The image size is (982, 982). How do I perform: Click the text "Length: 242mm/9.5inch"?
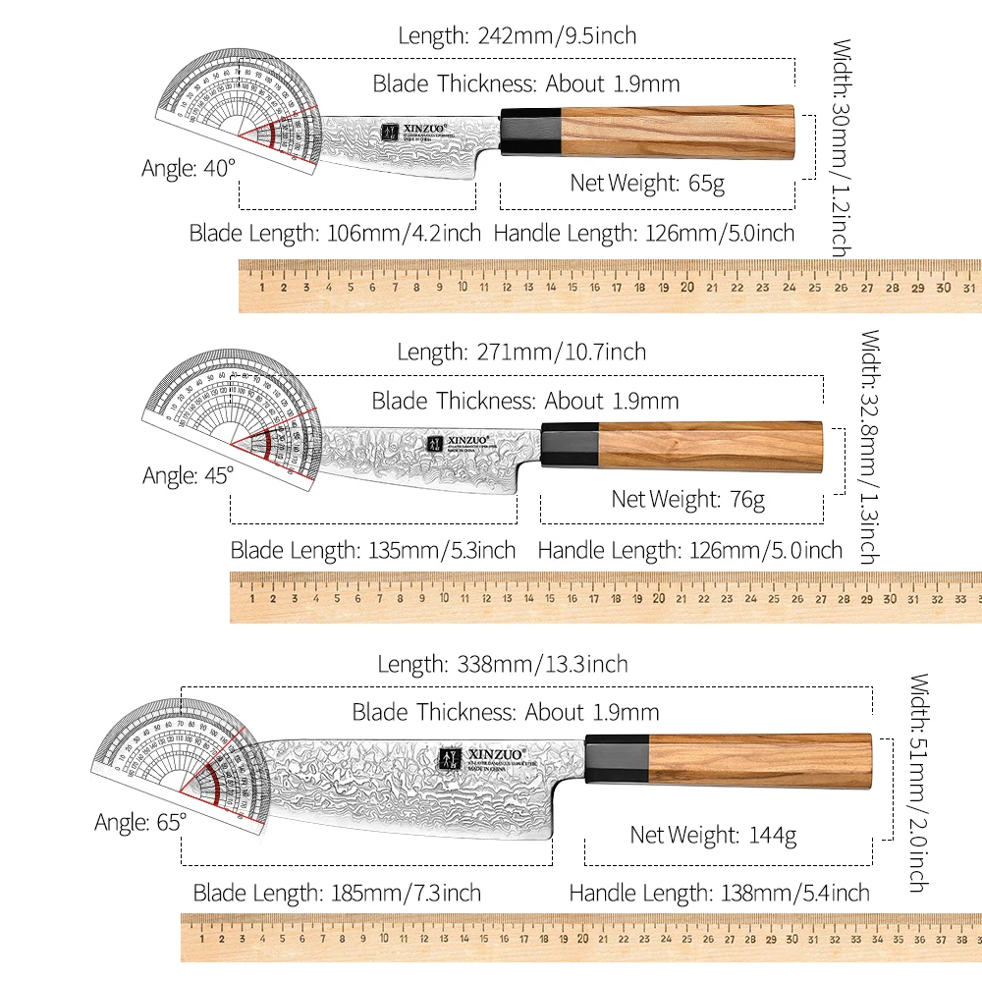pos(517,36)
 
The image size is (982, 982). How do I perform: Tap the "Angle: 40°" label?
pos(189,168)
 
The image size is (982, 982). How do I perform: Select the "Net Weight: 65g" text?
pos(647,183)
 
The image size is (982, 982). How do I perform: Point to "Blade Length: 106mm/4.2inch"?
pos(335,234)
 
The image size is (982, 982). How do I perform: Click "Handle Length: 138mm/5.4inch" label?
pos(719,893)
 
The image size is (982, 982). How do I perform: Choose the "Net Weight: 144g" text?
pos(712,836)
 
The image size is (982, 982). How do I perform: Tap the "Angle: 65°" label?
pos(139,822)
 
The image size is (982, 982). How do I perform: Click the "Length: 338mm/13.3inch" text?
pos(502,665)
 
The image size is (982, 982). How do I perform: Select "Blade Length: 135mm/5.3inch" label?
pos(372,551)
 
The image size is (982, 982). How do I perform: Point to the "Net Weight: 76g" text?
pos(687,499)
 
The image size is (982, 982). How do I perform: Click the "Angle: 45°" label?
pos(189,475)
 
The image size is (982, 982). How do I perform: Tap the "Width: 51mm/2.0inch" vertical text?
pos(918,782)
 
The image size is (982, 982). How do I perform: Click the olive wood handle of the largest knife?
pos(759,759)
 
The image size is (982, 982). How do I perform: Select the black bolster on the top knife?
pos(531,131)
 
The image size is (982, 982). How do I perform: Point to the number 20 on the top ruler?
pos(686,288)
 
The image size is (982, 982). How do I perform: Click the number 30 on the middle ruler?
pos(890,598)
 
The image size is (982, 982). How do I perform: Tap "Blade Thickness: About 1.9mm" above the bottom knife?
pos(505,712)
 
